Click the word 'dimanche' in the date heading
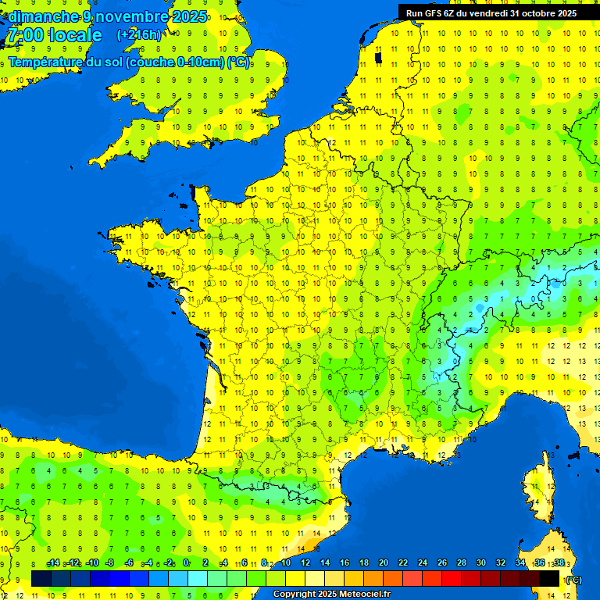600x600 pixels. (43, 16)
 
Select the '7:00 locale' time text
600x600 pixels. (54, 35)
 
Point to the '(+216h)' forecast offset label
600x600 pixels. (139, 35)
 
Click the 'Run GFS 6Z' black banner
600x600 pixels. (491, 12)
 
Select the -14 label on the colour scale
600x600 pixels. (54, 562)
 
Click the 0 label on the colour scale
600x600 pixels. (186, 562)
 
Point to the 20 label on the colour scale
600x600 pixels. (383, 562)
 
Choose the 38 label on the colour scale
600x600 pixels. (559, 562)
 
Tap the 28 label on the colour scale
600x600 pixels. (461, 562)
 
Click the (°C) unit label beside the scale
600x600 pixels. (573, 579)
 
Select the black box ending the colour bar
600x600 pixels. (549, 578)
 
